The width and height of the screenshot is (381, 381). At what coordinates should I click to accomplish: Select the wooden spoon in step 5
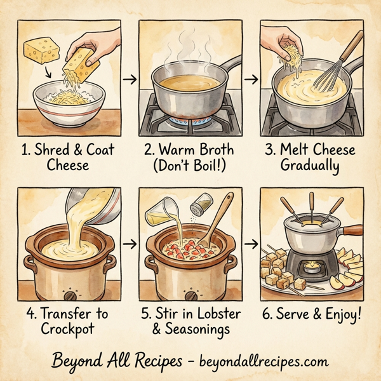pos(220,223)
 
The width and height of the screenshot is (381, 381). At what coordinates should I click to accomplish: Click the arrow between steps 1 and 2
pos(130,79)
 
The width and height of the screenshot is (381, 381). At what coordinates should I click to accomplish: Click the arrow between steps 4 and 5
pos(130,244)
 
